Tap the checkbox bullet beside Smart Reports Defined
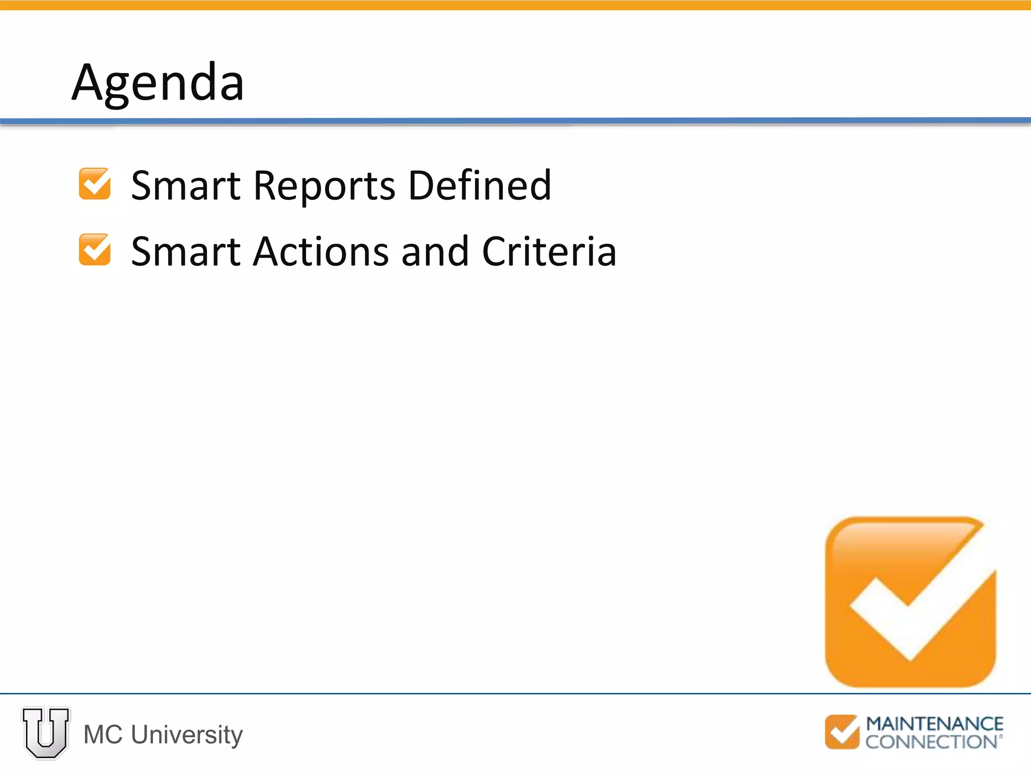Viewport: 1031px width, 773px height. pyautogui.click(x=95, y=184)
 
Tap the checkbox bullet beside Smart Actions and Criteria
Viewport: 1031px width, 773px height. pyautogui.click(x=95, y=249)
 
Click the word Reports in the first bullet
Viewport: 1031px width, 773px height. pyautogui.click(x=324, y=186)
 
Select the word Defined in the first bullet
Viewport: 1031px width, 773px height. pyautogui.click(x=479, y=185)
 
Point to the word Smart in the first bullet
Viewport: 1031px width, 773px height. pyautogui.click(x=186, y=185)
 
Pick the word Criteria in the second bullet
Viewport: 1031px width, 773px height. pyautogui.click(x=549, y=251)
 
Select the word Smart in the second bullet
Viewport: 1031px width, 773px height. pyautogui.click(x=186, y=251)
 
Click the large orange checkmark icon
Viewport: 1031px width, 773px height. pyautogui.click(x=910, y=601)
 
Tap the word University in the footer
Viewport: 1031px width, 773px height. pyautogui.click(x=187, y=735)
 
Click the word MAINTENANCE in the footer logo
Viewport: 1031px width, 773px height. pyautogui.click(x=934, y=724)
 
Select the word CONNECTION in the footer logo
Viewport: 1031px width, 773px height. pyautogui.click(x=931, y=742)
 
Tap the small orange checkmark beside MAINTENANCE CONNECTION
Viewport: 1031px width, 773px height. pyautogui.click(x=842, y=732)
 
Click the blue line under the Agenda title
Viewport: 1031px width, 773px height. pyautogui.click(x=515, y=121)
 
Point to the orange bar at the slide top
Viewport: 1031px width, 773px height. pyautogui.click(x=515, y=5)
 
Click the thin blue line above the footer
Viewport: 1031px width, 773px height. pyautogui.click(x=515, y=693)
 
